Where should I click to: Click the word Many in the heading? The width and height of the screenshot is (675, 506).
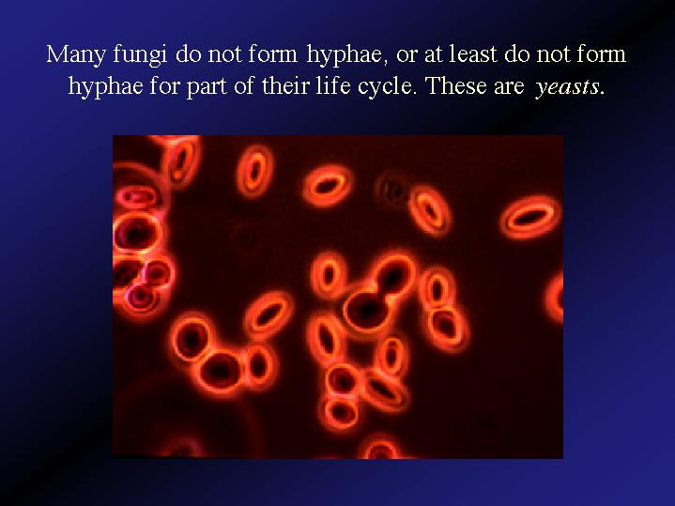pyautogui.click(x=76, y=55)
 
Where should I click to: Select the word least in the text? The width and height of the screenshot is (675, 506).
pyautogui.click(x=473, y=54)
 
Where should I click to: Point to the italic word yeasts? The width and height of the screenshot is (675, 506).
pyautogui.click(x=566, y=87)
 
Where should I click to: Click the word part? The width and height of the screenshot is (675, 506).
pyautogui.click(x=207, y=87)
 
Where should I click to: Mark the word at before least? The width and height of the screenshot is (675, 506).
pyautogui.click(x=434, y=54)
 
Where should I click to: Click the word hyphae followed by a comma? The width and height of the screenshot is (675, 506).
pyautogui.click(x=345, y=56)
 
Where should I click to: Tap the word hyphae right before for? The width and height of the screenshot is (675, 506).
pyautogui.click(x=105, y=87)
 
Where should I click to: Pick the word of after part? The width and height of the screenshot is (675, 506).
pyautogui.click(x=245, y=85)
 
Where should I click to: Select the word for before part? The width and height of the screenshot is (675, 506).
pyautogui.click(x=165, y=85)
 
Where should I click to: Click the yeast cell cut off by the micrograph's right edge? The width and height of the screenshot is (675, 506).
pyautogui.click(x=556, y=297)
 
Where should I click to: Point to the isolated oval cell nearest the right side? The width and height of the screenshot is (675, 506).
pyautogui.click(x=530, y=217)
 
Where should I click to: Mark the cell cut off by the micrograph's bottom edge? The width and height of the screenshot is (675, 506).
pyautogui.click(x=380, y=448)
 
